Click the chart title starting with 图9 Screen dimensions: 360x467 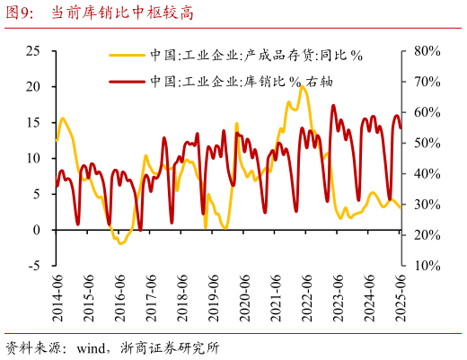99,14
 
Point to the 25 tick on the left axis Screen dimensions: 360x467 33,51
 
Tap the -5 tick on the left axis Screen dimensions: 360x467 32,266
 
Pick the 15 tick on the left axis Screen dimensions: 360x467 33,123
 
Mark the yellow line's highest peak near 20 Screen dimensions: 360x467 301,87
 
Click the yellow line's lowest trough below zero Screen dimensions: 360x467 120,243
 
